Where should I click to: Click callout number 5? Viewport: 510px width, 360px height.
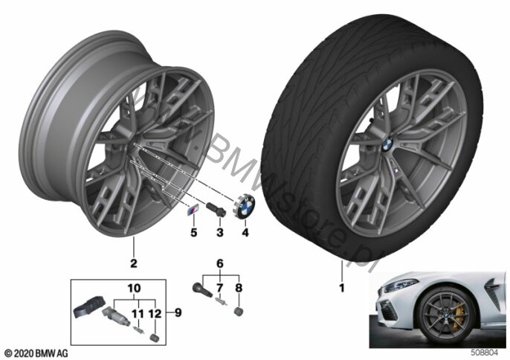pyautogui.click(x=194, y=232)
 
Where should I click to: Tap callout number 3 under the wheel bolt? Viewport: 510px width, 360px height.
pyautogui.click(x=220, y=232)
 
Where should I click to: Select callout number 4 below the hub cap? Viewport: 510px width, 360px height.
pyautogui.click(x=245, y=232)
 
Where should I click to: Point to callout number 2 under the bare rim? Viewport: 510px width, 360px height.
pyautogui.click(x=134, y=263)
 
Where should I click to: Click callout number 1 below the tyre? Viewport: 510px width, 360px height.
pyautogui.click(x=341, y=288)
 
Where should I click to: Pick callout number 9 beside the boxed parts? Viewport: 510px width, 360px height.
pyautogui.click(x=178, y=313)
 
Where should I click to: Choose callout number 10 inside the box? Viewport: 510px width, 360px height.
pyautogui.click(x=134, y=288)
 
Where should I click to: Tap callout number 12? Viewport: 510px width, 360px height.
pyautogui.click(x=155, y=313)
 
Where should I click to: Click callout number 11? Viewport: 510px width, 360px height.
pyautogui.click(x=138, y=313)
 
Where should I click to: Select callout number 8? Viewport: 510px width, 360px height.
pyautogui.click(x=239, y=288)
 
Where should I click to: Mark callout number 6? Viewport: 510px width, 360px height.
pyautogui.click(x=220, y=263)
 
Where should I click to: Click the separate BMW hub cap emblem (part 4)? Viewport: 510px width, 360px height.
pyautogui.click(x=245, y=207)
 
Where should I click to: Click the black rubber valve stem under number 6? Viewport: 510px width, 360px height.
pyautogui.click(x=202, y=290)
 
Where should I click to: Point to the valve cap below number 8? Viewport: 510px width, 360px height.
pyautogui.click(x=239, y=311)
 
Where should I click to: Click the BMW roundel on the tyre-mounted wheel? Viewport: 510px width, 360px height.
pyautogui.click(x=387, y=144)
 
